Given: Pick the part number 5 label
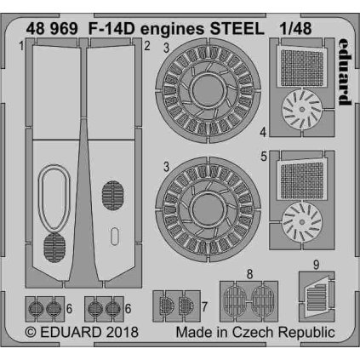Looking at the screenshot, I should click(264, 156).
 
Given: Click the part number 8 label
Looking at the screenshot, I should click(249, 273).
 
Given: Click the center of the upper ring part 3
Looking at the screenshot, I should click(203, 87).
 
